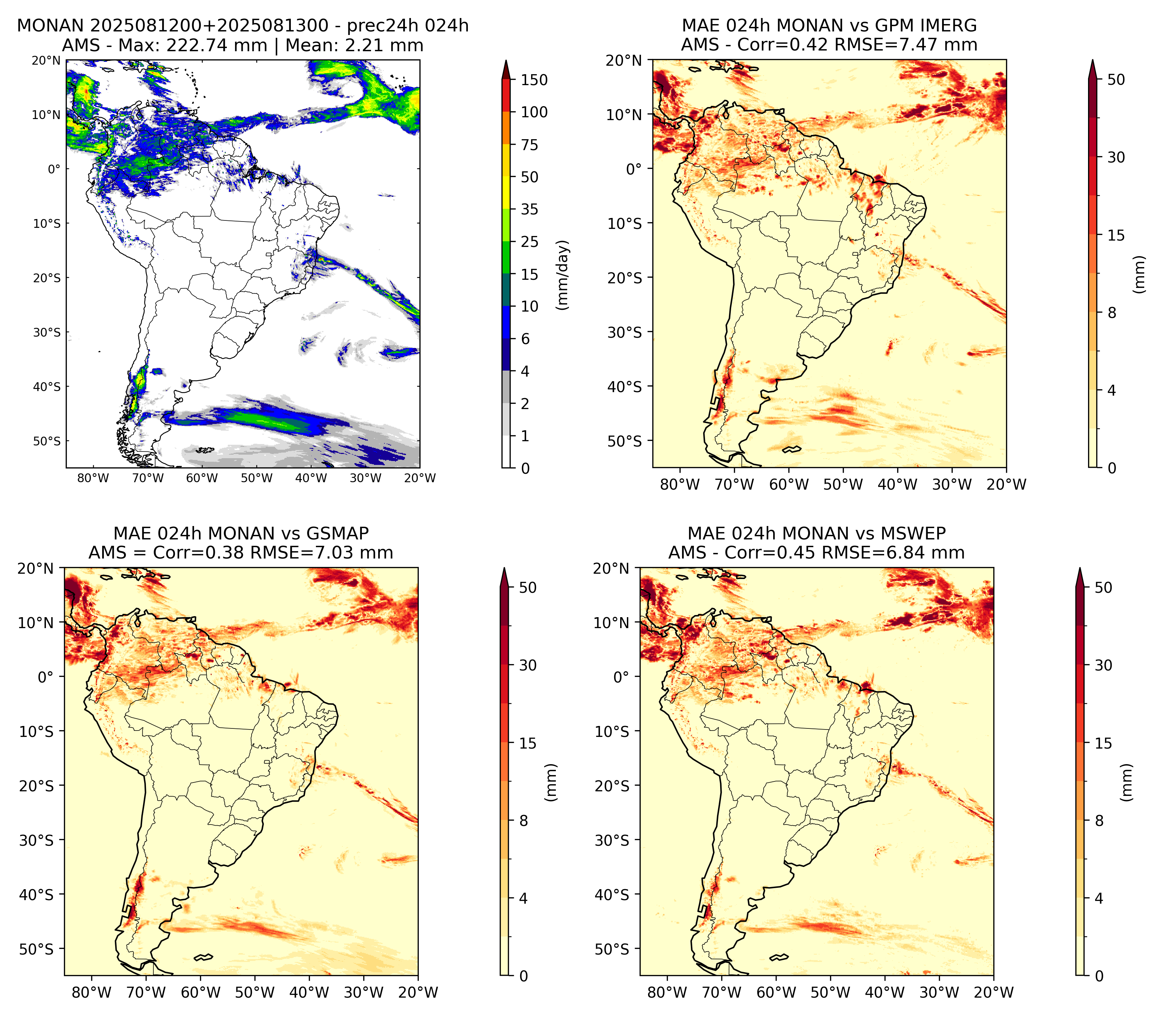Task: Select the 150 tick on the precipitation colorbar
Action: (534, 80)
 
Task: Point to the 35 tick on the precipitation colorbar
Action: (530, 209)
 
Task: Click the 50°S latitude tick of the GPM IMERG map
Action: (625, 441)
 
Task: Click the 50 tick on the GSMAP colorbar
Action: (528, 587)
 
